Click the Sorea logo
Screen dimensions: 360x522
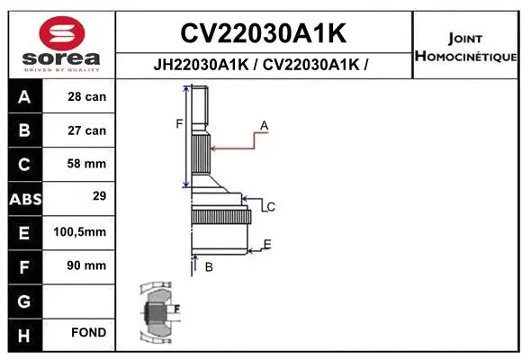[61, 43]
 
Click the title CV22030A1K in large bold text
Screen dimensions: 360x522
[264, 33]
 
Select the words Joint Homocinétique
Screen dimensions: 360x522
[466, 48]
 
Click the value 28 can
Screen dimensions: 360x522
[86, 96]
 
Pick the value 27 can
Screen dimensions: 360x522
[86, 130]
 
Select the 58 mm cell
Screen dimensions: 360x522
[86, 164]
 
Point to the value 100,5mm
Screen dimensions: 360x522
[80, 231]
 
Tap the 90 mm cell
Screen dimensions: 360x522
[86, 265]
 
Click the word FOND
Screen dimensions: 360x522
[88, 333]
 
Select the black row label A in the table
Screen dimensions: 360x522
[24, 96]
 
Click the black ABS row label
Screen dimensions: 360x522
[24, 198]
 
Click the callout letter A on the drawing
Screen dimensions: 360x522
[265, 124]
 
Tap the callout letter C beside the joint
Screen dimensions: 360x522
[270, 207]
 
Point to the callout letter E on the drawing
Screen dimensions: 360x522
[267, 244]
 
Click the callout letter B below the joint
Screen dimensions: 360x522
[208, 267]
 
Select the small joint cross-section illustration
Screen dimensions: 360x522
[159, 312]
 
